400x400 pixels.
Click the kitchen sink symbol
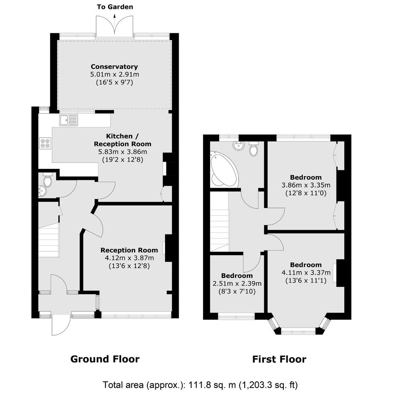[x=69, y=120]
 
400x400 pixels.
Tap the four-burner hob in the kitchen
[x=46, y=143]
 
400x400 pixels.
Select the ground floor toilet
[x=48, y=180]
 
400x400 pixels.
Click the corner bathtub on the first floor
[x=224, y=169]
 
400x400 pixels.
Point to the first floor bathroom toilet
[x=254, y=149]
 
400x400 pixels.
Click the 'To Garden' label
[x=115, y=7]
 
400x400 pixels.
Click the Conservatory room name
[x=114, y=66]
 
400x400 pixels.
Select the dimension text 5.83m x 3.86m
[x=123, y=152]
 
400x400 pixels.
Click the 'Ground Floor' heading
[x=105, y=359]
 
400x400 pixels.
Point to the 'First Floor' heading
[x=279, y=359]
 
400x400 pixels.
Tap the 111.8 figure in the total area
[x=200, y=384]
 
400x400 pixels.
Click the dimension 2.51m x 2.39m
[x=237, y=283]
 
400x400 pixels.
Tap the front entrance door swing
[x=61, y=326]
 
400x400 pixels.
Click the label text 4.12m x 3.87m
[x=129, y=258]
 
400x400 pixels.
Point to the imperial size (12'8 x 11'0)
[x=306, y=193]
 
